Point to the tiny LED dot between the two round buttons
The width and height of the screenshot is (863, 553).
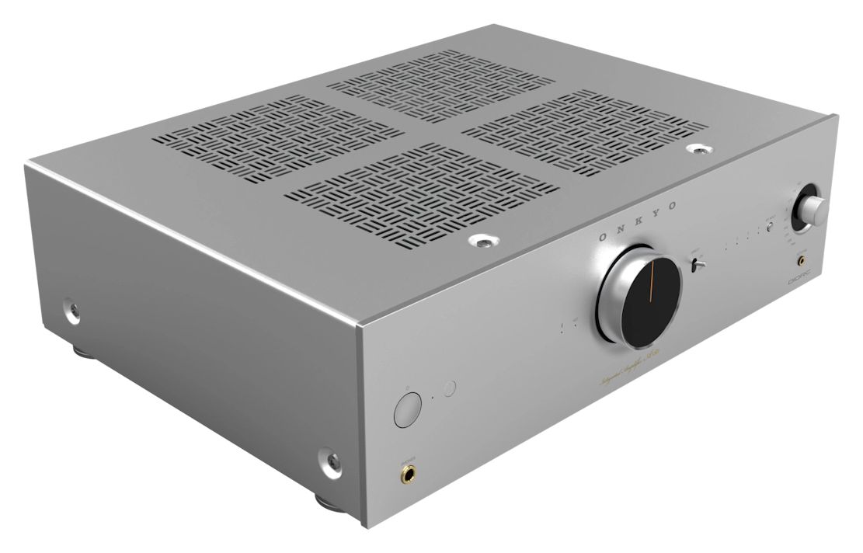point(429,400)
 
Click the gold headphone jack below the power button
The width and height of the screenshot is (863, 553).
point(407,471)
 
